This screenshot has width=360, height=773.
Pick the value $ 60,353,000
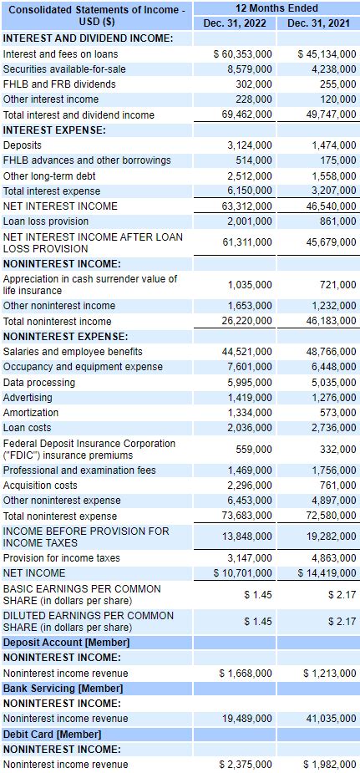tap(243, 53)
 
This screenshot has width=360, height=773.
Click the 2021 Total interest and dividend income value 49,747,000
tap(328, 114)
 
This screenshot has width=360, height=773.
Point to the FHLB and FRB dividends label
tap(59, 84)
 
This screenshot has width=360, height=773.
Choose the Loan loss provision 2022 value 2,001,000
tap(250, 221)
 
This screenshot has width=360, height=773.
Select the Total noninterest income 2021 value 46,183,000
tap(328, 321)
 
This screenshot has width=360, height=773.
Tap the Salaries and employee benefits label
tap(73, 352)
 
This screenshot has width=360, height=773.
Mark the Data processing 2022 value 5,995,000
tap(250, 382)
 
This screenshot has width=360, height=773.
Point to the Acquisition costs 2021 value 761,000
tap(337, 486)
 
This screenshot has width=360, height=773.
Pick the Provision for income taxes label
tap(62, 557)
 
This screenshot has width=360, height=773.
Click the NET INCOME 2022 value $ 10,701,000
tap(243, 572)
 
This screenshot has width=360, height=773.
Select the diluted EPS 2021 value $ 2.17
tap(342, 621)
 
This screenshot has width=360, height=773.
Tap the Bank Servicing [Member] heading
tap(63, 688)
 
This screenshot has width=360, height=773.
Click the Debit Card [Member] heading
tap(53, 734)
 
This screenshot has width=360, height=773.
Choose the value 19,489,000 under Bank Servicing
tap(247, 718)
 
